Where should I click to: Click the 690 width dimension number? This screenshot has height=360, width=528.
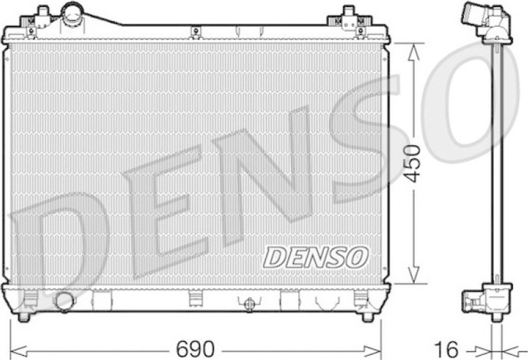[x=195, y=349]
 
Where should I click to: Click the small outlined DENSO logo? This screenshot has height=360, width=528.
[x=315, y=258]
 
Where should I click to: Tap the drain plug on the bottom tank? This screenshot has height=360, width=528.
[x=249, y=304]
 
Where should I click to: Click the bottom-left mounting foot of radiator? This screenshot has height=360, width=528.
[x=24, y=316]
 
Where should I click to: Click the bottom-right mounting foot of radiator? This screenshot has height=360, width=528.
[x=367, y=316]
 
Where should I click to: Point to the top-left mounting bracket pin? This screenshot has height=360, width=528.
[x=43, y=11]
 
